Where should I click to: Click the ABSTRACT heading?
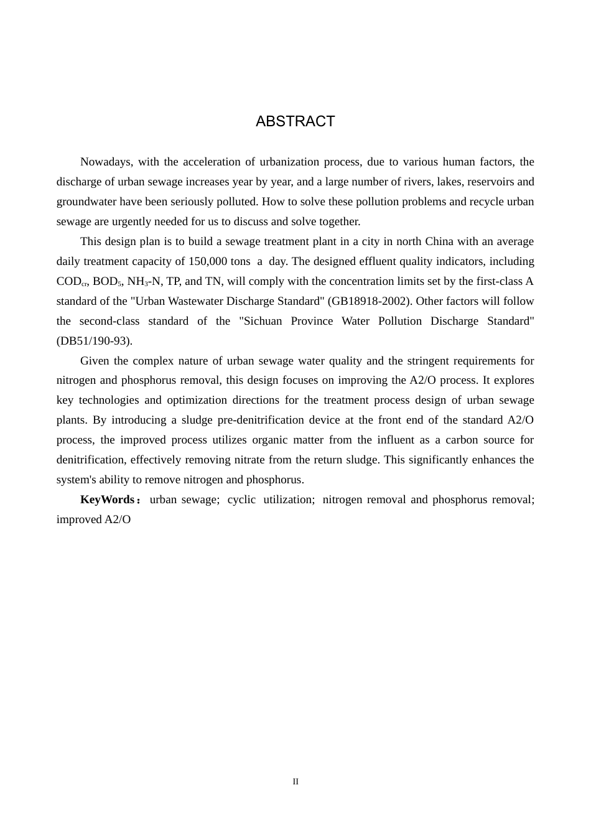295,121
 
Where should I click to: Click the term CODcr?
72,282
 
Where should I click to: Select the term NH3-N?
144,282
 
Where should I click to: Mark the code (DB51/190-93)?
94,341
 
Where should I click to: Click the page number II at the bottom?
295,782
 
